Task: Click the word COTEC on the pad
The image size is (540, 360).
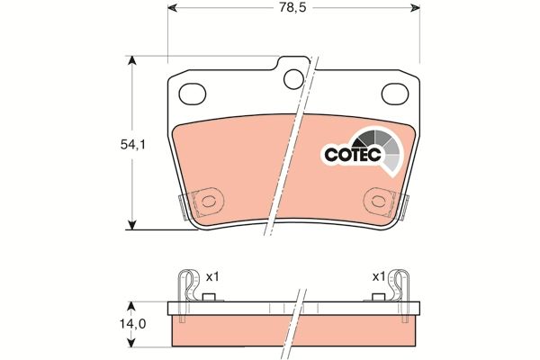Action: coord(352,155)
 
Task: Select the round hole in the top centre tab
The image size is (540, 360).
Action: coord(293,80)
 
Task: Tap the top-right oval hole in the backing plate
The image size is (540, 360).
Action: coord(395,93)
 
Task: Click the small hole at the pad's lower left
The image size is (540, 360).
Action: coord(210,202)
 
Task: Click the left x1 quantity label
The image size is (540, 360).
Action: coord(212,276)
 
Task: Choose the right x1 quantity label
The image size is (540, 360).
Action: coord(379,276)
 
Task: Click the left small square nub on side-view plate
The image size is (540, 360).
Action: coord(209,297)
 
